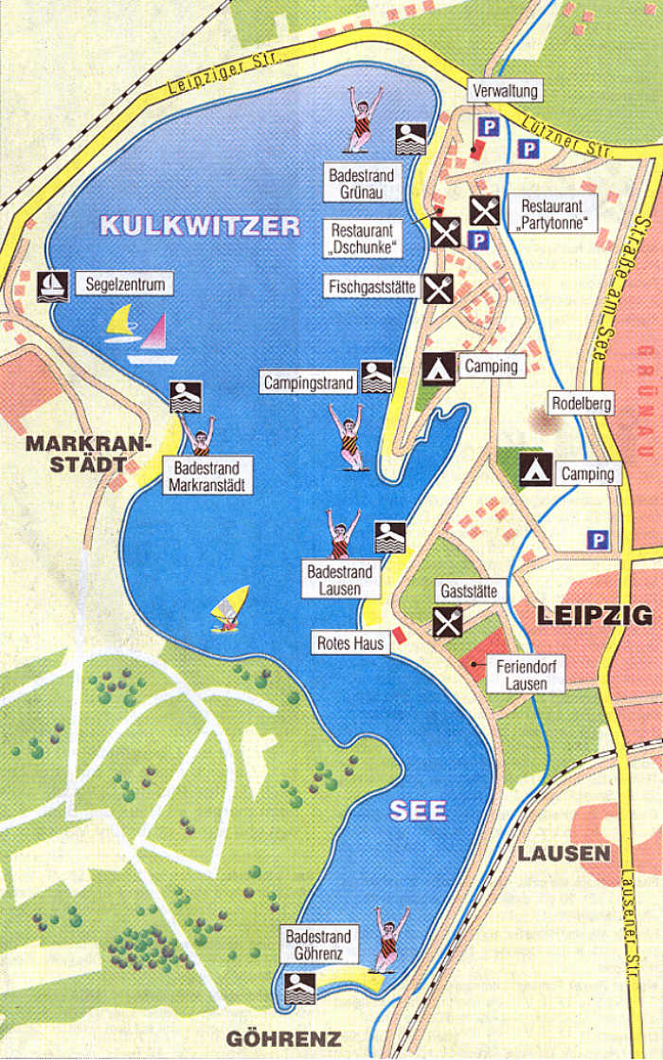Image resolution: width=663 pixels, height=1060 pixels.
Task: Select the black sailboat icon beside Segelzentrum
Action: [52, 284]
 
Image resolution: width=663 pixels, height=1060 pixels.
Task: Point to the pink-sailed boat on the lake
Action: [155, 340]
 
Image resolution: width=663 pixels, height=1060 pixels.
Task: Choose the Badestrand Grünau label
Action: [361, 183]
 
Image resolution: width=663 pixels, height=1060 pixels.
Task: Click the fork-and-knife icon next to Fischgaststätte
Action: [438, 287]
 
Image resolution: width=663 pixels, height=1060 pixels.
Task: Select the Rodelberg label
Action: [584, 404]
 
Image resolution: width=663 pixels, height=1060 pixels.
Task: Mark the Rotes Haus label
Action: [350, 643]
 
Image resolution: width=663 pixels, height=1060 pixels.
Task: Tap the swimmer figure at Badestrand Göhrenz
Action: [389, 939]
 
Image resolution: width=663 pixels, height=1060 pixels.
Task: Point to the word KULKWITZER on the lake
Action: [200, 225]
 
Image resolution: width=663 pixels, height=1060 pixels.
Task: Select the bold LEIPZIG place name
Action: [595, 615]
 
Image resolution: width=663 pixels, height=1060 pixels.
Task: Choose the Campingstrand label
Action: [309, 383]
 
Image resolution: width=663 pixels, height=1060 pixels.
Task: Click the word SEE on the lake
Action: [418, 812]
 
